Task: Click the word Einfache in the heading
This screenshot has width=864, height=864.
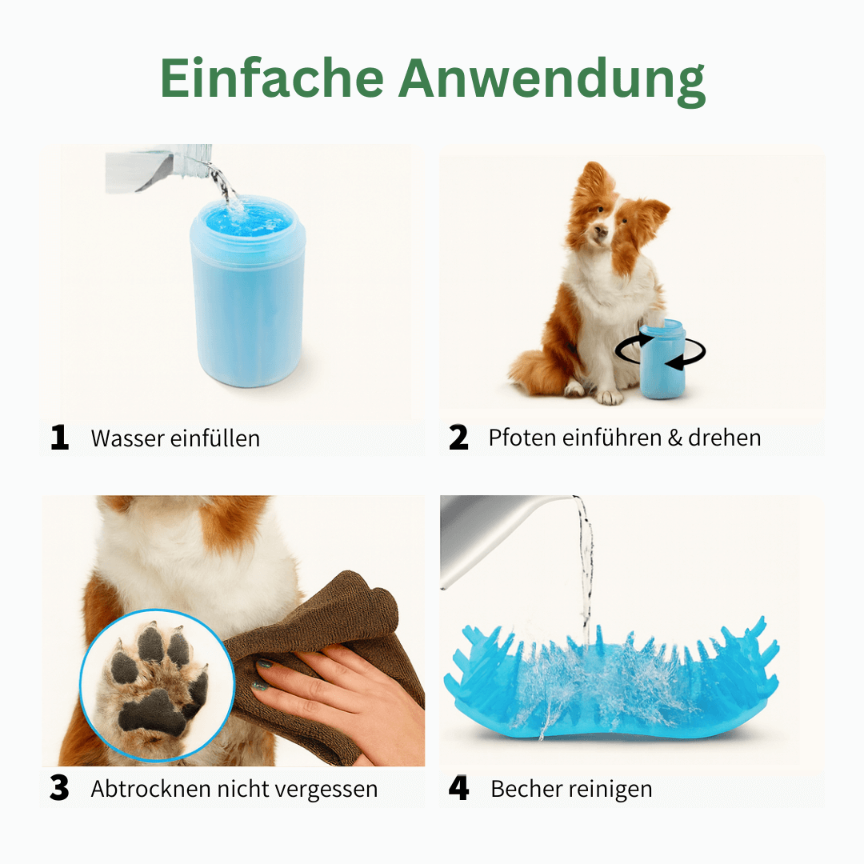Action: point(272,79)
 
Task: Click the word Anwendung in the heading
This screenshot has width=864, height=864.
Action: point(552,79)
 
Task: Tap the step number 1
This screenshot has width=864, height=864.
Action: point(60,438)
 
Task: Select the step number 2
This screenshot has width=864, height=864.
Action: point(458,438)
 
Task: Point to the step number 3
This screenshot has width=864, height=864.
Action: point(60,789)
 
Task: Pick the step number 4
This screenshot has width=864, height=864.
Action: point(458,789)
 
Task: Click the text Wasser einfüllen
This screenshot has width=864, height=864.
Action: point(175,438)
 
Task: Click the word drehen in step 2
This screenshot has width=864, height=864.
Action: point(724,438)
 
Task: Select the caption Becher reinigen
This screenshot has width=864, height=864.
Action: point(571,789)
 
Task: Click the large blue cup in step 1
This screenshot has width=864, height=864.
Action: point(247,296)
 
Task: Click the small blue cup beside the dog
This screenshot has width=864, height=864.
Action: point(662,360)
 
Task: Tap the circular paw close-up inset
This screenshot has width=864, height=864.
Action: point(156,684)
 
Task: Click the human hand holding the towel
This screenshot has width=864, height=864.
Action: point(336,696)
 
